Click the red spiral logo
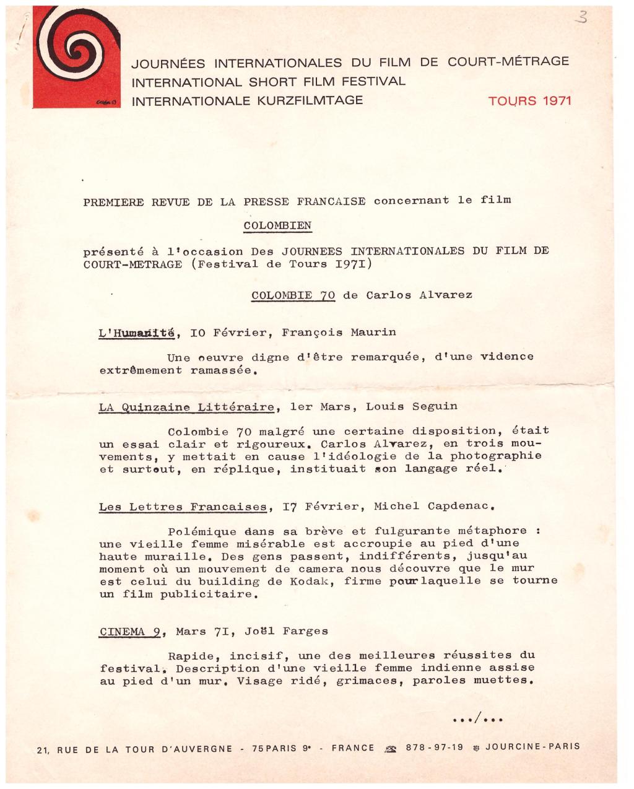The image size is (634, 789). coord(77,56)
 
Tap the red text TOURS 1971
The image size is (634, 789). coord(529,101)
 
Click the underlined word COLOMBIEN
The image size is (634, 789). coord(277,225)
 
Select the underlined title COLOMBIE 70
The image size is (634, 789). coord(293,295)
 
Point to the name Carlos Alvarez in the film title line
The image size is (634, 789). coord(419,295)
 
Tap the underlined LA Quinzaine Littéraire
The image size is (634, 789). coord(186,407)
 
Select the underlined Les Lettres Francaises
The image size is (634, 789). coord(183,507)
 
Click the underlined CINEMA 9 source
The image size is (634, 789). coord(131,632)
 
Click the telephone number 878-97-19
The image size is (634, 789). coord(434,747)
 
